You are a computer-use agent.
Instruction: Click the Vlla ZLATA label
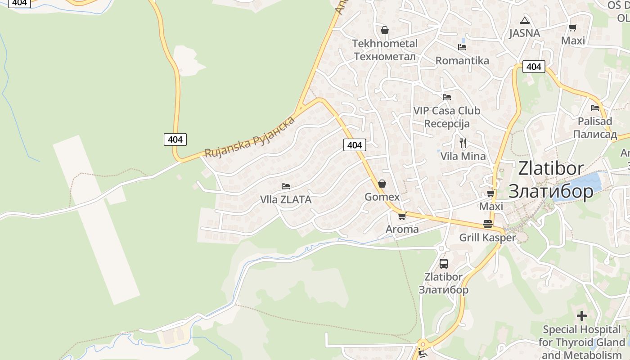(286, 199)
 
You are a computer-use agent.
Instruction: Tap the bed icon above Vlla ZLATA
(286, 186)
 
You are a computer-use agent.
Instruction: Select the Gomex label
(382, 197)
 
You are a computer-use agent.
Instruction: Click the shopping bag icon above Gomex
(382, 184)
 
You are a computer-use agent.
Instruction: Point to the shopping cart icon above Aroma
(402, 216)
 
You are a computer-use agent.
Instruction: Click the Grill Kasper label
(487, 237)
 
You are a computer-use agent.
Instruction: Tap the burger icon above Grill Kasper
(488, 224)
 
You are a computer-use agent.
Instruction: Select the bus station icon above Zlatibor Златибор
(443, 264)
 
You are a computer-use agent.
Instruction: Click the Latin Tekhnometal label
(385, 44)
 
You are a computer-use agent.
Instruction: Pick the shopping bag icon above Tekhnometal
(385, 30)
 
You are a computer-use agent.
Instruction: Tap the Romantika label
(462, 60)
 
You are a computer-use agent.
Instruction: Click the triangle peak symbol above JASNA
(524, 20)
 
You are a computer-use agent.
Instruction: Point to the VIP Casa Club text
(446, 110)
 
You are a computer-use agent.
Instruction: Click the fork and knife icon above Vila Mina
(463, 143)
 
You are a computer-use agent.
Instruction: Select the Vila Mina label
(463, 156)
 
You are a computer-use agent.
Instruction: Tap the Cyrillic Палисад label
(595, 134)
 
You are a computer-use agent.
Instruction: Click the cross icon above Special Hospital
(582, 316)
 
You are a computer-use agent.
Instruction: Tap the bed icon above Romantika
(462, 47)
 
